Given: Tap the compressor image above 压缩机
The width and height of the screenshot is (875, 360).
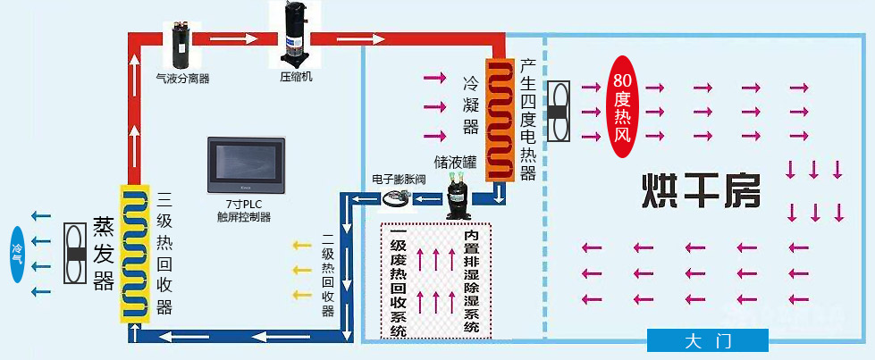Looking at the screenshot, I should click(295, 34).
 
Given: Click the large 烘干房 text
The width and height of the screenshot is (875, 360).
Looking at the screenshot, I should click(701, 188).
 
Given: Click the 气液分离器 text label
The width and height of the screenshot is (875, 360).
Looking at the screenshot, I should click(182, 79).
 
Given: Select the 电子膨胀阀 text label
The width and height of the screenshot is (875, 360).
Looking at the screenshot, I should click(399, 179).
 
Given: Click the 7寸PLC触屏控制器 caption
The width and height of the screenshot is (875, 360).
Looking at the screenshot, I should click(244, 211).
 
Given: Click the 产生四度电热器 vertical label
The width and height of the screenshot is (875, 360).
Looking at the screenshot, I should click(527, 121).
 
